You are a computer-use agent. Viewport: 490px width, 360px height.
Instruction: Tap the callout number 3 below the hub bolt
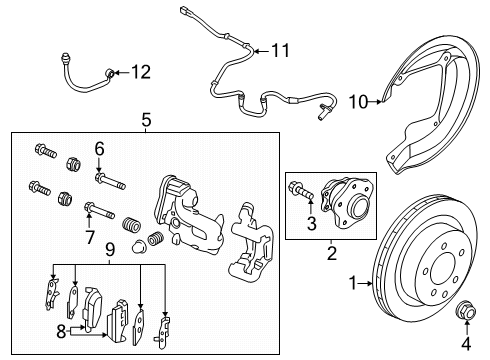(311, 223)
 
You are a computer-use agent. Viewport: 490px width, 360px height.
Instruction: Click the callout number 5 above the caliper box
(145, 118)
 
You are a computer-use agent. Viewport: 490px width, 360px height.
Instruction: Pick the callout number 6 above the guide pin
(99, 148)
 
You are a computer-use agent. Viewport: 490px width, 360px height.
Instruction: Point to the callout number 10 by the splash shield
(358, 101)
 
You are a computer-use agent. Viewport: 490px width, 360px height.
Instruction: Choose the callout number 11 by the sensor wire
(279, 49)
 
